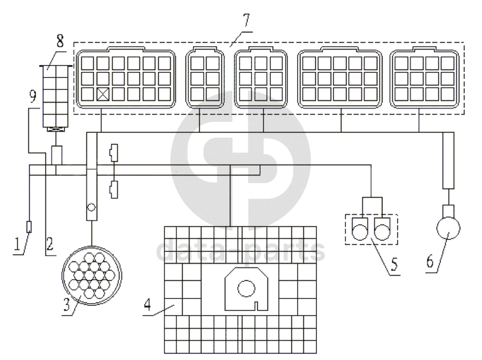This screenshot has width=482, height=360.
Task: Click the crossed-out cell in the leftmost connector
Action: [x=104, y=94]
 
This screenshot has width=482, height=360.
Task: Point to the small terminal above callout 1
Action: [x=30, y=227]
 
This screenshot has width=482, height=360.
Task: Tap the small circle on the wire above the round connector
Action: [x=90, y=208]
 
